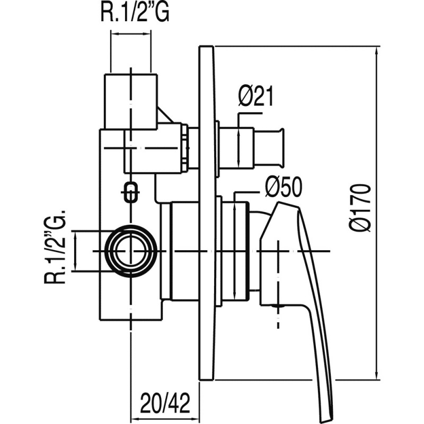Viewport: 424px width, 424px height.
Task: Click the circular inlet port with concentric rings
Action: (130, 250)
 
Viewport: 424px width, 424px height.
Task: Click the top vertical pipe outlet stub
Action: (130, 101)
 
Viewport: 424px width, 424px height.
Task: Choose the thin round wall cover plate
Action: (207, 212)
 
